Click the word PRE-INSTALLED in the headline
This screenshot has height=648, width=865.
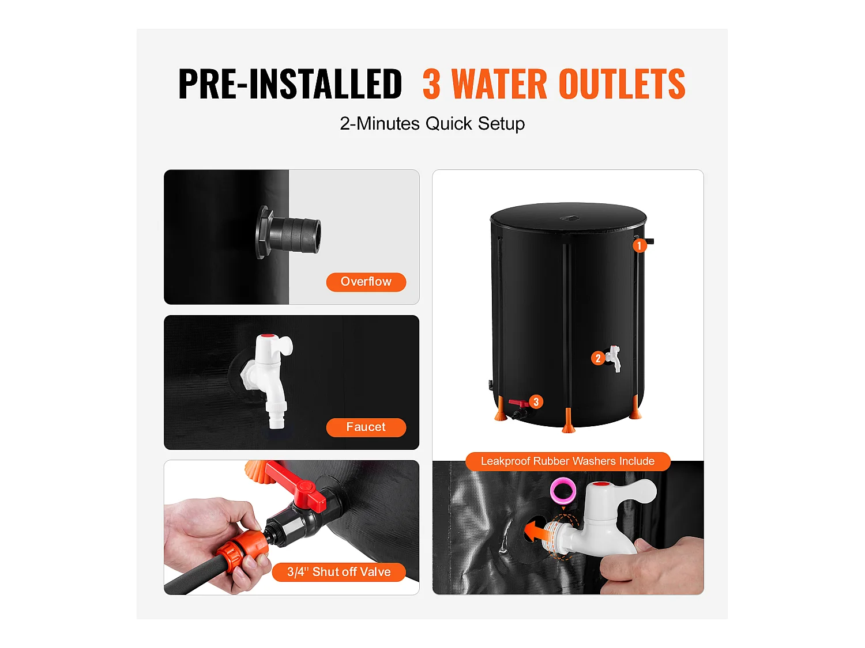[290, 84]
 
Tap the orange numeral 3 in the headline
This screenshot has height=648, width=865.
[431, 85]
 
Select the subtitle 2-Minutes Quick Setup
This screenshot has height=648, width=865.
[432, 123]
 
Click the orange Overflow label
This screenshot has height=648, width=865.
[366, 282]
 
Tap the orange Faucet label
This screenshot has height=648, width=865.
[366, 427]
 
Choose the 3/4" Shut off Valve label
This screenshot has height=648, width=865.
[339, 572]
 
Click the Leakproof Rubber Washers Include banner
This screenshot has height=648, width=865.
[567, 461]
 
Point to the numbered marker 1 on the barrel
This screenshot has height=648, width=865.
[639, 246]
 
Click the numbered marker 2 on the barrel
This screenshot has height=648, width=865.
[598, 358]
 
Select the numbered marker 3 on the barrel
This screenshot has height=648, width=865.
[536, 401]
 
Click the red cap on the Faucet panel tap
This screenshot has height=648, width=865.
[266, 336]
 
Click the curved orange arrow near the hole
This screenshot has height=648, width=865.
[536, 529]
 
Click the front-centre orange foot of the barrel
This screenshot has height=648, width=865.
[569, 420]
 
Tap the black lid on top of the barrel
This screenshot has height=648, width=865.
[568, 216]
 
